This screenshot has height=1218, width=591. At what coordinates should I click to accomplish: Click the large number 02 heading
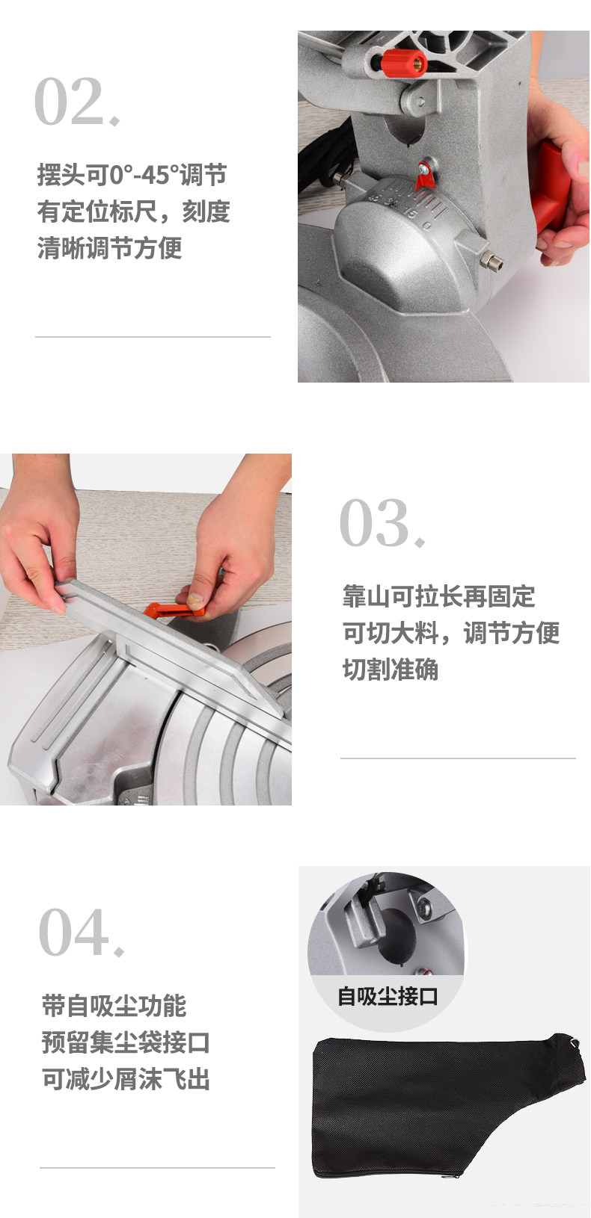pos(77,101)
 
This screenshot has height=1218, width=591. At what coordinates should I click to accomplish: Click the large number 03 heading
pos(382,522)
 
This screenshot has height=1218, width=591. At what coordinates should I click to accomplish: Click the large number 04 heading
pos(82,932)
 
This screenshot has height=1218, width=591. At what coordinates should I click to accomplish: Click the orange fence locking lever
pos(174,610)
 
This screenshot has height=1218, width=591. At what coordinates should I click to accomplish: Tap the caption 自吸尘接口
pos(388,996)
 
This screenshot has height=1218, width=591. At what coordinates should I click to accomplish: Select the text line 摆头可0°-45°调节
pos(132,175)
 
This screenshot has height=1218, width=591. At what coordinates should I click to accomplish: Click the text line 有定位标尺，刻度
pos(134,211)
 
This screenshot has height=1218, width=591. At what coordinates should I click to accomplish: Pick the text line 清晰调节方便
pos(109,248)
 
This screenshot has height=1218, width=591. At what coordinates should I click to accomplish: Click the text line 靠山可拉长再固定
pos(438,596)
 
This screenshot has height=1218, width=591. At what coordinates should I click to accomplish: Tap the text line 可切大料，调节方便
pos(451,633)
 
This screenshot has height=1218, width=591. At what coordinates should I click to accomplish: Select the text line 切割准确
pos(391,670)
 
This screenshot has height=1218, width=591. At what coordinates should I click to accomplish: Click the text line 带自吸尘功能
pos(114,1005)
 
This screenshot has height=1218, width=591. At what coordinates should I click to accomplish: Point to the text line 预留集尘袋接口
pos(126,1042)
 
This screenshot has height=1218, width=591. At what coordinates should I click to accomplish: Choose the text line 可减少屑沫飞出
pos(126,1079)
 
